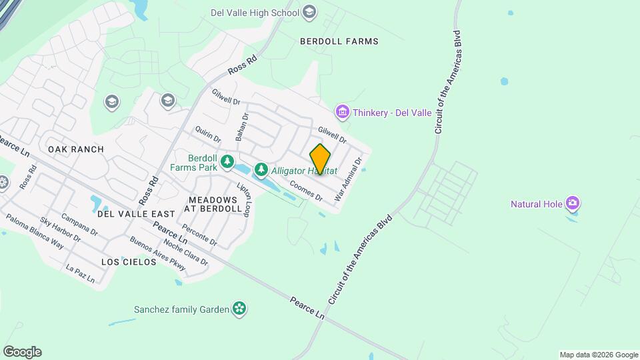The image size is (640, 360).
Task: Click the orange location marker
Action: click(x=320, y=159)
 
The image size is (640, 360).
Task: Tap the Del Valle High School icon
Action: click(x=309, y=11)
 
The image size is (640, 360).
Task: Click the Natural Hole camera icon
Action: click(x=571, y=203)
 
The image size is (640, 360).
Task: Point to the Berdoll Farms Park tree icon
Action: click(x=228, y=161)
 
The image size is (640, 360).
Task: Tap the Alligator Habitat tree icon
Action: click(x=261, y=170)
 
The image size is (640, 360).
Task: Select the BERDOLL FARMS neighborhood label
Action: click(x=339, y=41)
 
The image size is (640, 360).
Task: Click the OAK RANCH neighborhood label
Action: click(x=76, y=149)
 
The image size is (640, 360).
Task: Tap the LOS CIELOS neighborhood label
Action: click(x=129, y=262)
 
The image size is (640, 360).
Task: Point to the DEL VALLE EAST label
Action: click(x=136, y=214)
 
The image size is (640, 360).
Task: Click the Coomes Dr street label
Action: click(x=306, y=190)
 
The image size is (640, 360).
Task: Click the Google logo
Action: click(x=22, y=352)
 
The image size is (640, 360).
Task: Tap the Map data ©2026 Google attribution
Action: click(x=599, y=355)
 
